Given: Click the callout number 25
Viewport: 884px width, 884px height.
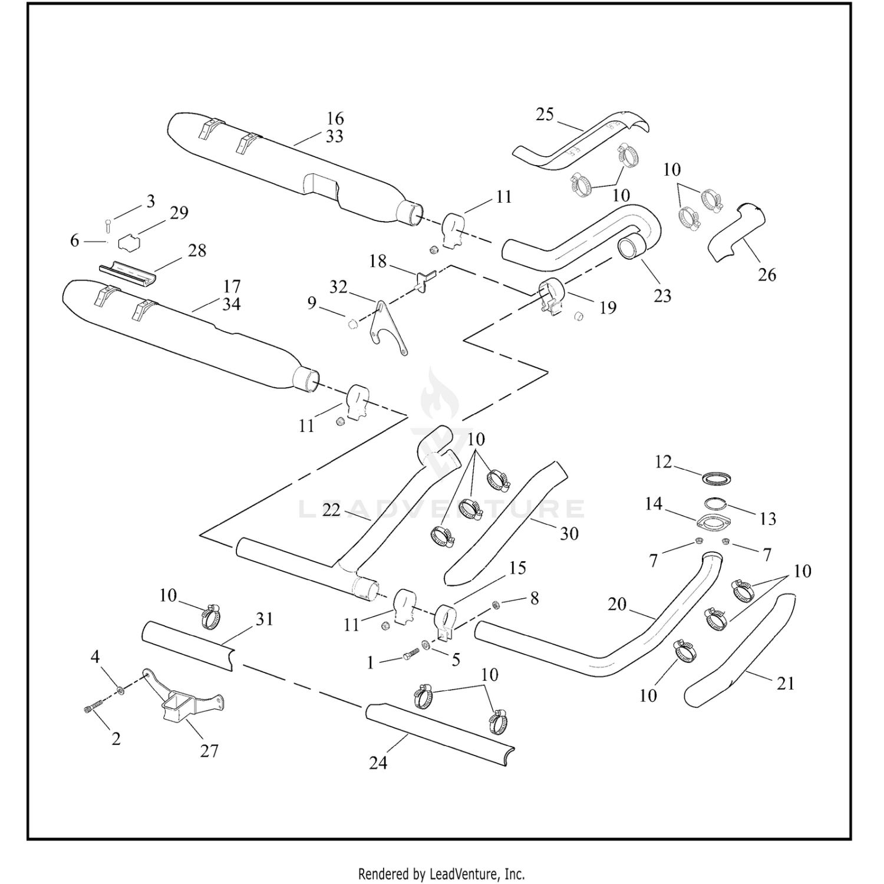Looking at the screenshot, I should (x=545, y=114).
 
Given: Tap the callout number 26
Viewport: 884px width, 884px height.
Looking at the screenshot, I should (x=767, y=275).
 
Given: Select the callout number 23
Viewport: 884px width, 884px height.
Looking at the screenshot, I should (x=662, y=296).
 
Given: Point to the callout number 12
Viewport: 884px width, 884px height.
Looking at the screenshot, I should (x=663, y=462).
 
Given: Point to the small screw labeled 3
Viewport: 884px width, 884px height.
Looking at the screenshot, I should (x=108, y=225).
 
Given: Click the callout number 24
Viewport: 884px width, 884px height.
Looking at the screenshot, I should (x=378, y=763).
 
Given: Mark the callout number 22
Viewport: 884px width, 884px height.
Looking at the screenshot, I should (x=331, y=510).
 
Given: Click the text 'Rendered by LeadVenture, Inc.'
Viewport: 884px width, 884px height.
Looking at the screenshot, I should (x=441, y=873).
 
